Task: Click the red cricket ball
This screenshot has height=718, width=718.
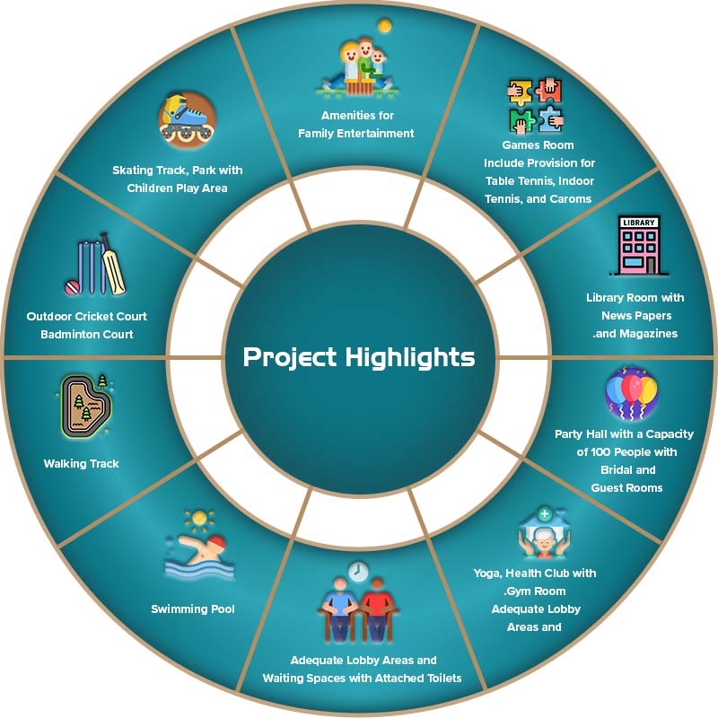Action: point(72,286)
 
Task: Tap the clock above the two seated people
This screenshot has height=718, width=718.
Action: point(359,572)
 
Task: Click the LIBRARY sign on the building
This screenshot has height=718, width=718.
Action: point(638,223)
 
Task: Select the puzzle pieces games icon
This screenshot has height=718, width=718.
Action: point(535,106)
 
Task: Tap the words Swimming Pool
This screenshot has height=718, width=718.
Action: point(193,609)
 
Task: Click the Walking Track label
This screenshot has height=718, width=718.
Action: point(82,464)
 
